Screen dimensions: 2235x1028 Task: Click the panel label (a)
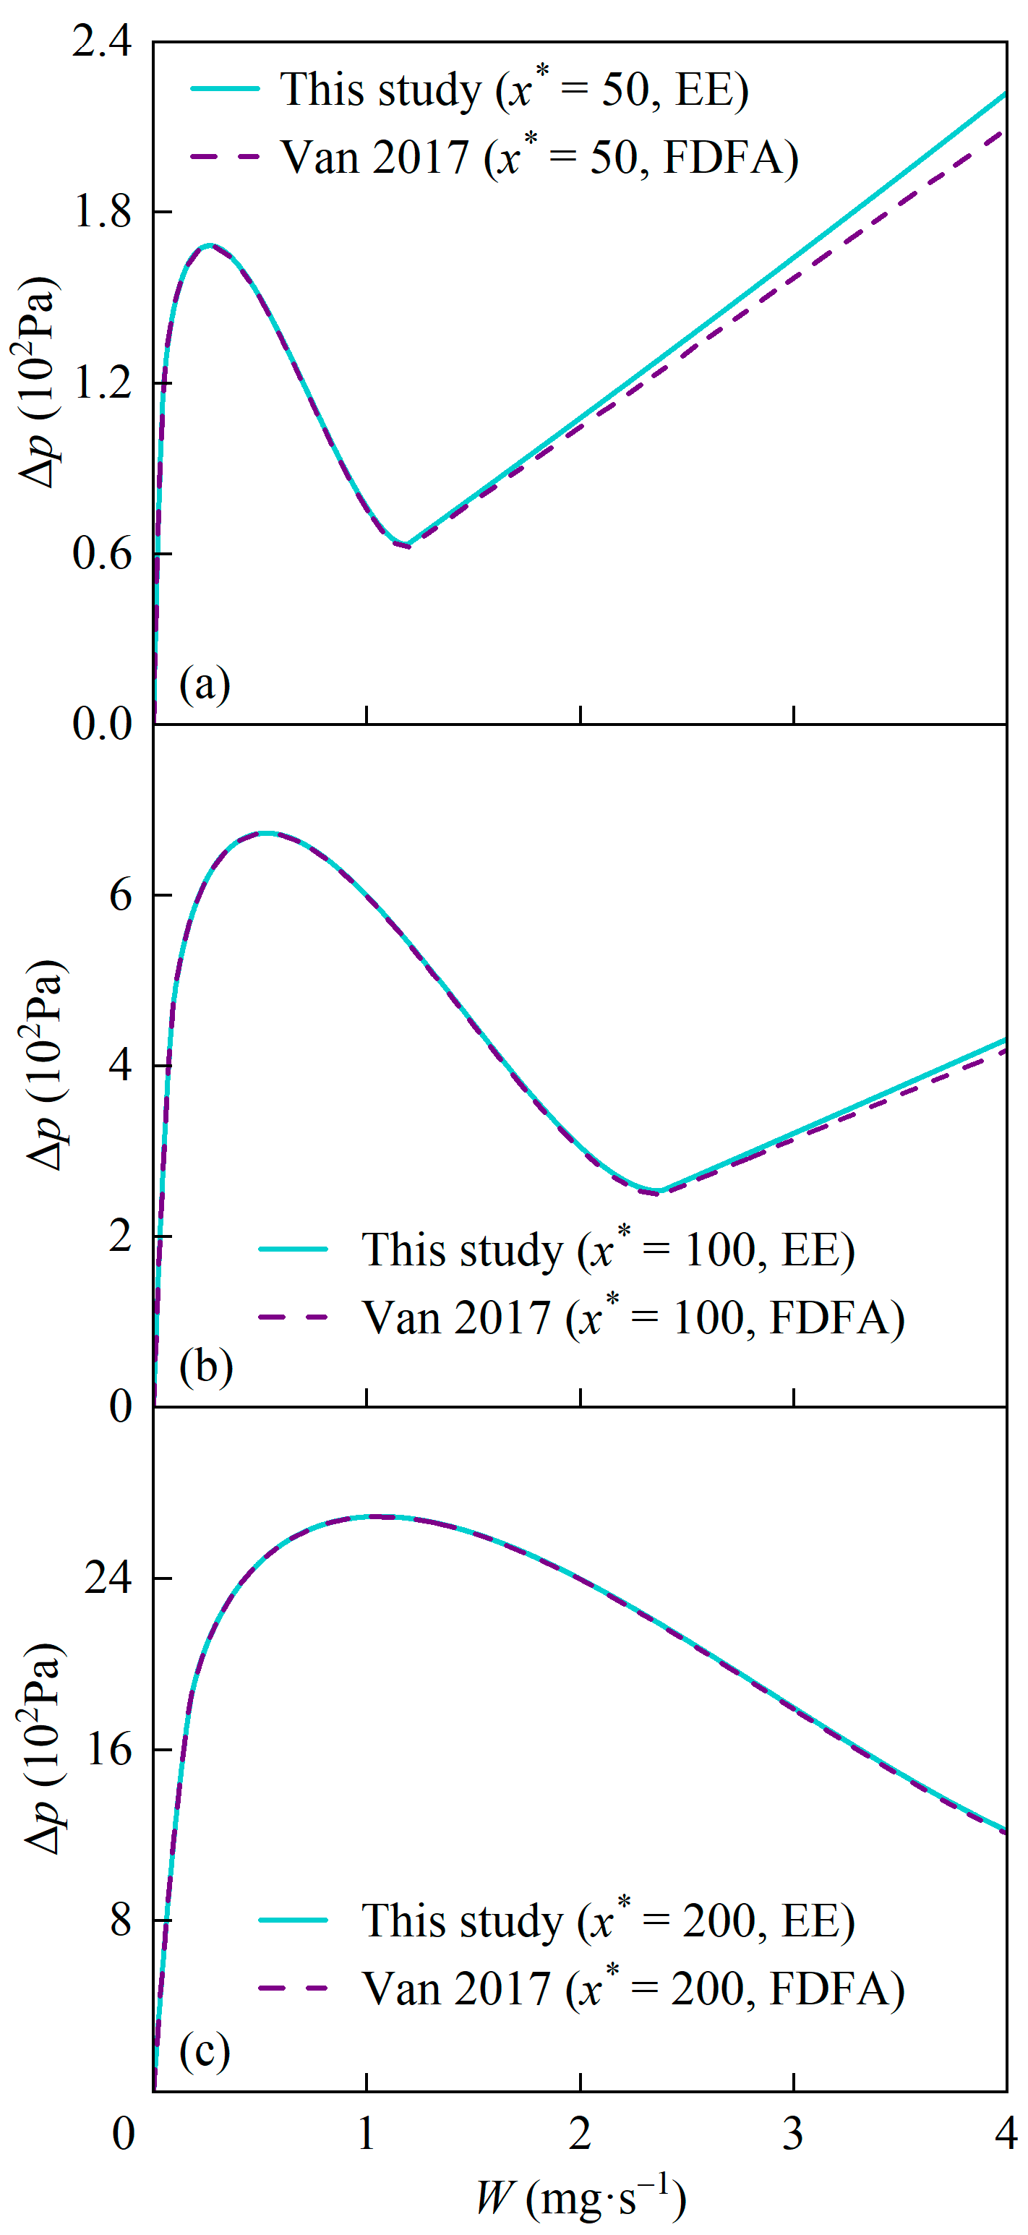pos(205,685)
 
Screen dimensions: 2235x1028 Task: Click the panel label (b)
pos(205,1367)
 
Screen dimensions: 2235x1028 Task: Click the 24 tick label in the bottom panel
pos(108,1576)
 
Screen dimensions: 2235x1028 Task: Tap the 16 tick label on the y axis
pos(108,1748)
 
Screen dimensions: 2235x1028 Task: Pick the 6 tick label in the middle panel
pos(121,894)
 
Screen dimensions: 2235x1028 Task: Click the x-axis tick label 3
pos(793,2134)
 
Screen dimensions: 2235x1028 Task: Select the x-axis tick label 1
pos(366,2134)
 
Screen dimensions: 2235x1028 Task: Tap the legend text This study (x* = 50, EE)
pos(513,90)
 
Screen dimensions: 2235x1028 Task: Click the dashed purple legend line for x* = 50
pos(225,157)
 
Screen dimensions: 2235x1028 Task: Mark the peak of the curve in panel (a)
pos(208,246)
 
